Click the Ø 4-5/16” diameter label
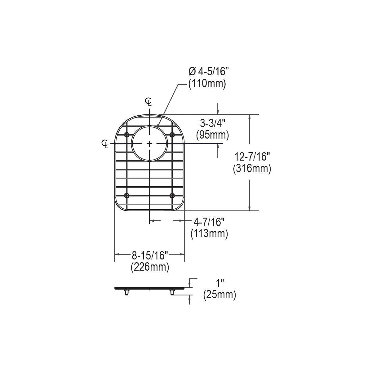click(x=208, y=72)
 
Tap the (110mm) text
click(x=207, y=84)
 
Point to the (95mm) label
click(x=213, y=135)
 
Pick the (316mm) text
click(x=252, y=169)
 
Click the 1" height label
click(x=220, y=283)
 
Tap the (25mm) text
click(x=219, y=294)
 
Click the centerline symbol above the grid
click(x=149, y=101)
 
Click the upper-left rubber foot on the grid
click(x=127, y=134)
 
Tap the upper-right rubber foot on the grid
click(x=172, y=134)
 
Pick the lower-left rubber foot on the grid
click(x=127, y=195)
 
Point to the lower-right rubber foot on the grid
click(x=172, y=195)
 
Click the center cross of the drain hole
click(x=150, y=144)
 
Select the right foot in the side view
click(x=172, y=292)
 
